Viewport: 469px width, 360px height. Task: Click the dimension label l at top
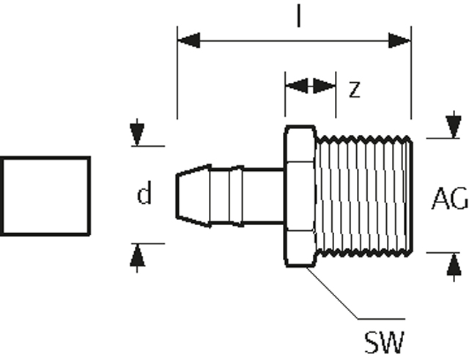pos(298,15)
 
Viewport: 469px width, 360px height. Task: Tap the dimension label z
pos(355,89)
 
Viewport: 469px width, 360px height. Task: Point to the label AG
pos(449,198)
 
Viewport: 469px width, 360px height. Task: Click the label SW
pos(384,342)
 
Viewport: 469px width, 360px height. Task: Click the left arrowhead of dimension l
pos(189,40)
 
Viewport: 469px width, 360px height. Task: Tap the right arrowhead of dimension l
pos(400,40)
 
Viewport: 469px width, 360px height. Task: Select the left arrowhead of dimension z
pos(296,86)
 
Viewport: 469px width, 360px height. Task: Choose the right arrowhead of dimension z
pos(324,86)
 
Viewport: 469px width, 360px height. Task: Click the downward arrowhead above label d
pos(137,134)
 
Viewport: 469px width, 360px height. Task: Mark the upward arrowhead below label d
pos(137,255)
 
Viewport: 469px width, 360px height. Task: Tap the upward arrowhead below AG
pos(454,264)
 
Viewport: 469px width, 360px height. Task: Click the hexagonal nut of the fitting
pos(300,196)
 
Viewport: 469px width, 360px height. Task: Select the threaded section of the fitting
pos(364,196)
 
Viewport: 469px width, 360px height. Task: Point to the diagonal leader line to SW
pos(332,293)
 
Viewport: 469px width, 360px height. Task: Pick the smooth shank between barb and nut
pos(263,196)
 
